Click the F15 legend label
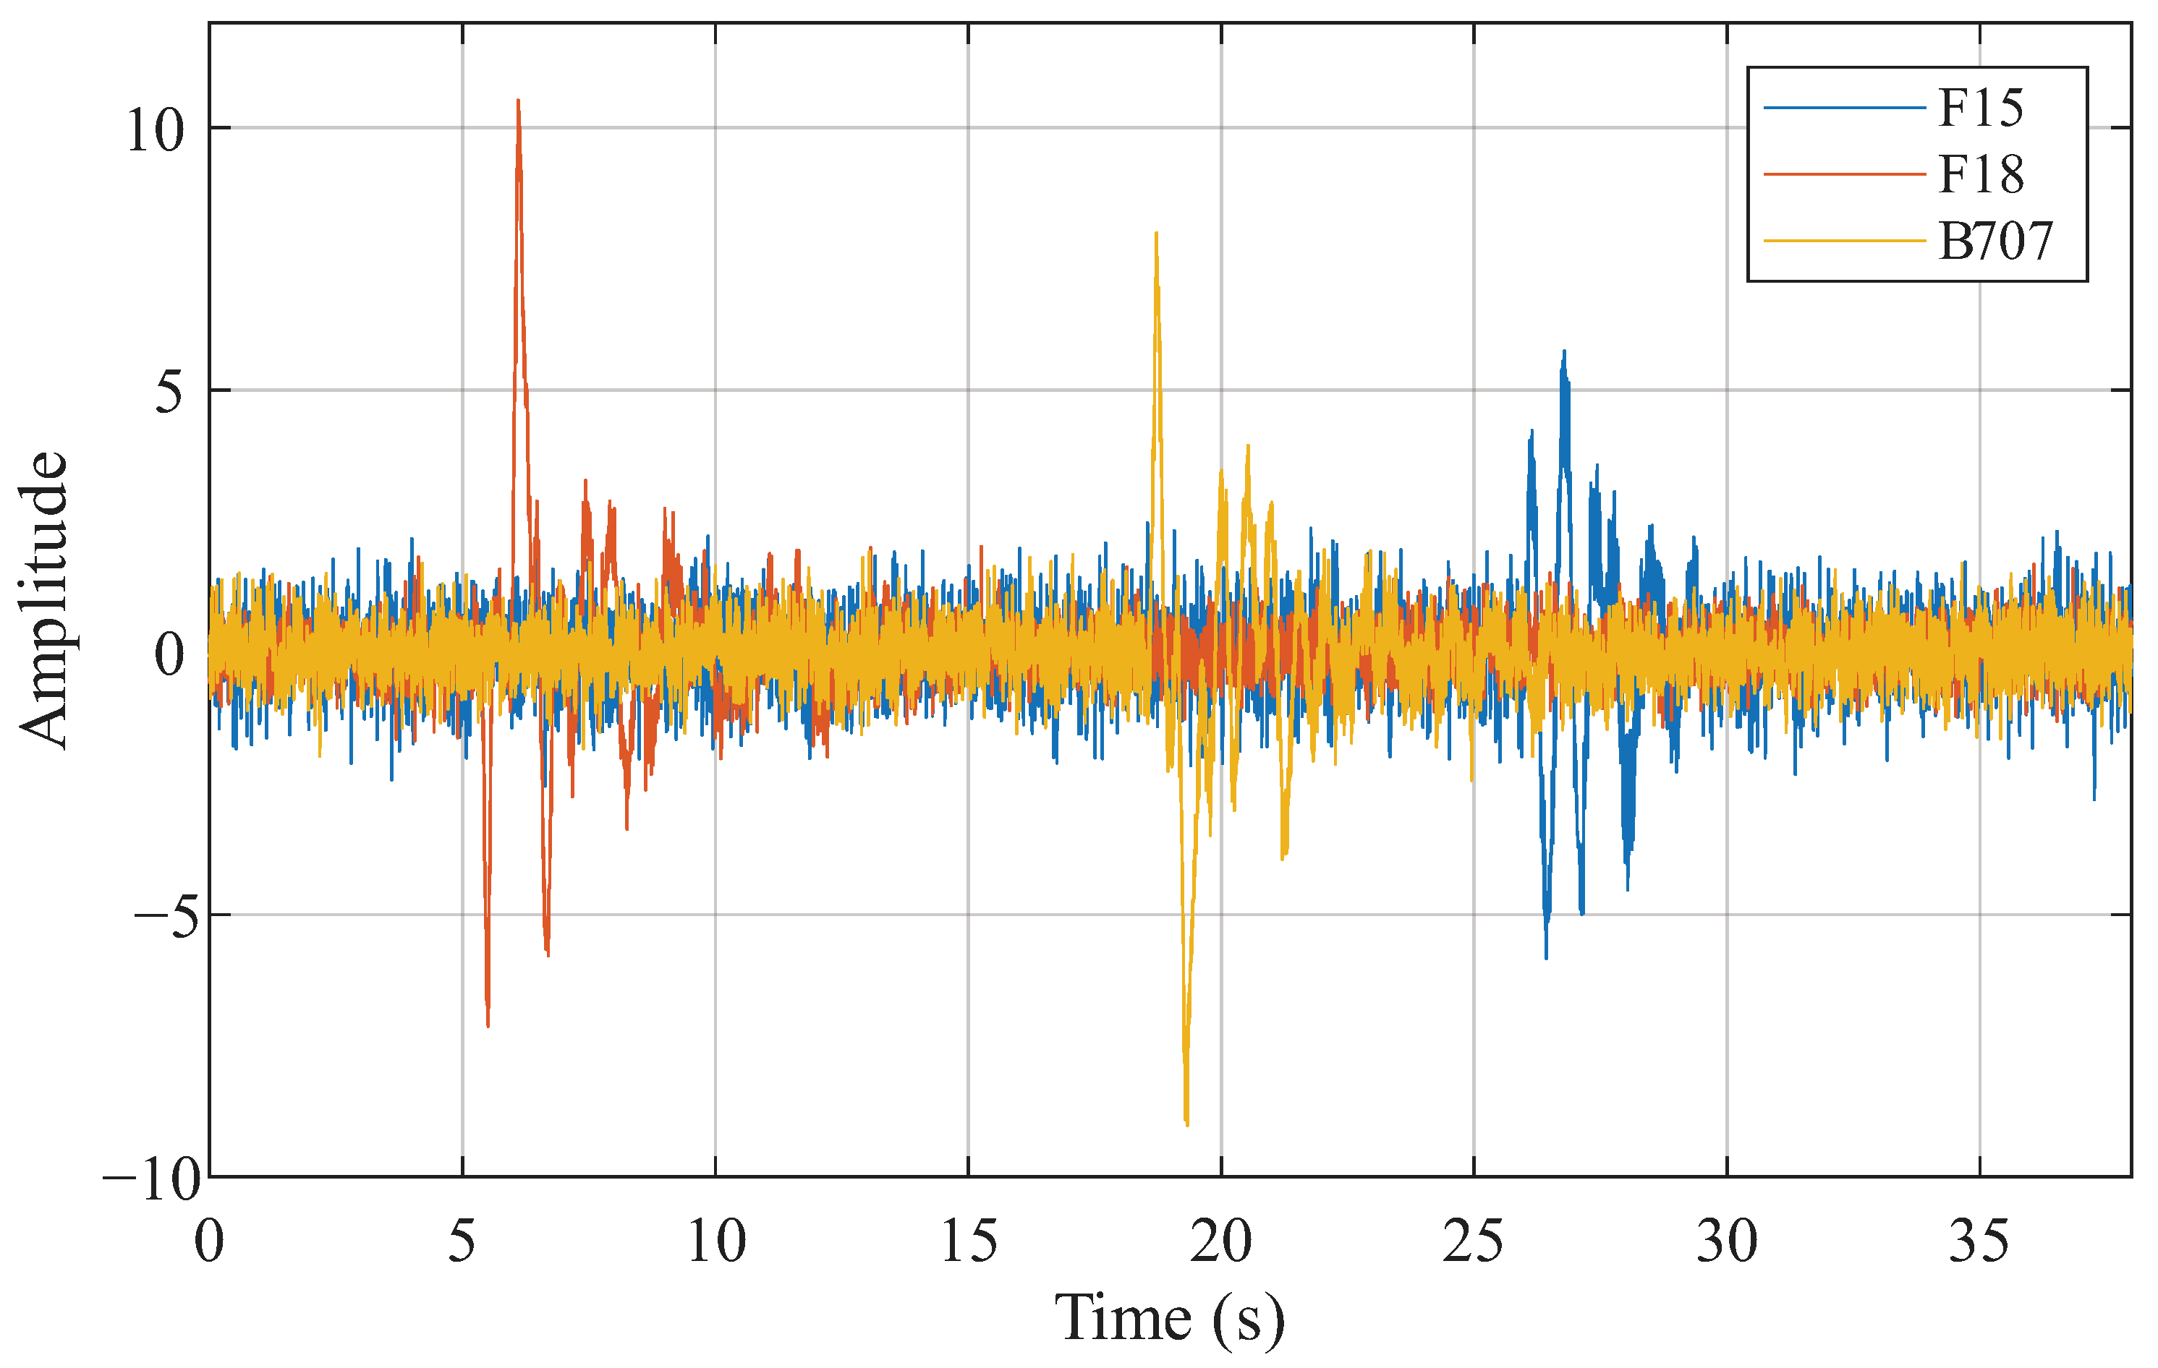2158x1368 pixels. (x=1981, y=108)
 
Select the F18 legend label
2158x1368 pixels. (x=1981, y=175)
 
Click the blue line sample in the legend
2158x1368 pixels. (x=1843, y=108)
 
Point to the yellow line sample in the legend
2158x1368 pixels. (x=1843, y=241)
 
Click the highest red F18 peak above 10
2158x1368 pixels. (x=518, y=101)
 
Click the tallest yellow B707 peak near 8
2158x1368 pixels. (x=1156, y=234)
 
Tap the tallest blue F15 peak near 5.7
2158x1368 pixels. (x=1565, y=352)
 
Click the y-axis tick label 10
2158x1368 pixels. (x=154, y=131)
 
